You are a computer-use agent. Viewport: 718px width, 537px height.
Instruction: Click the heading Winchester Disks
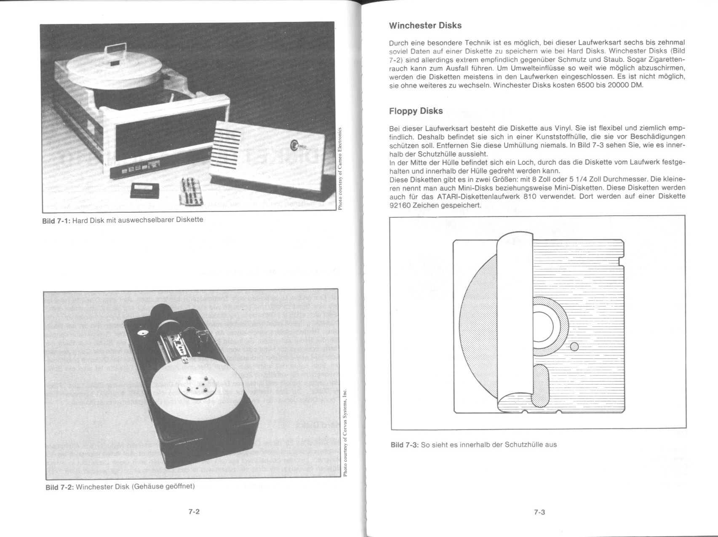pos(425,26)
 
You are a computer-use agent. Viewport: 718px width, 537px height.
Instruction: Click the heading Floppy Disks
pos(416,111)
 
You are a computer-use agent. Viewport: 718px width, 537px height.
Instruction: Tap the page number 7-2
pos(194,512)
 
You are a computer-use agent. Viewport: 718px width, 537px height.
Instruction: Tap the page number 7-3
pos(539,513)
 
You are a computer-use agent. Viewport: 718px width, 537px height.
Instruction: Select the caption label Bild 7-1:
pos(56,220)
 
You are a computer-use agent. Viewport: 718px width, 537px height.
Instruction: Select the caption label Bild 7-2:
pos(59,487)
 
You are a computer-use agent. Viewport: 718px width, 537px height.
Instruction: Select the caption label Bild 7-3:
pos(405,445)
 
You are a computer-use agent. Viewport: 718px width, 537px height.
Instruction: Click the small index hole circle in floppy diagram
pos(574,346)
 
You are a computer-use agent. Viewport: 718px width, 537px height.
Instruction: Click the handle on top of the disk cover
pos(114,51)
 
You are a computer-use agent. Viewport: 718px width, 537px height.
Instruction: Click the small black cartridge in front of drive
pos(144,190)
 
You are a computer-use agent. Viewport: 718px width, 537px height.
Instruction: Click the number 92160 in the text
pos(400,206)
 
